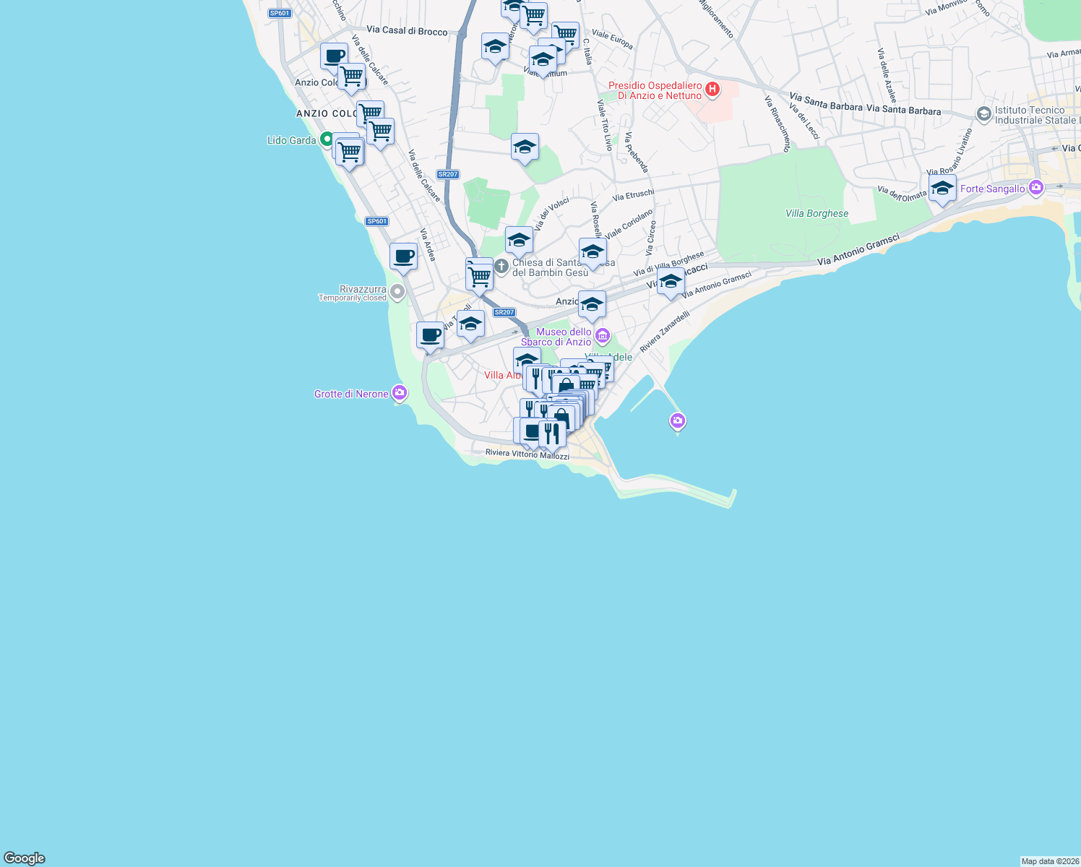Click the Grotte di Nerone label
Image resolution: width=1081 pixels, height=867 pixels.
(x=351, y=394)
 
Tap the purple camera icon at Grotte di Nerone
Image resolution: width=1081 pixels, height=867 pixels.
(x=400, y=393)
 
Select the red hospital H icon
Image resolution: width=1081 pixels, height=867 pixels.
(x=712, y=90)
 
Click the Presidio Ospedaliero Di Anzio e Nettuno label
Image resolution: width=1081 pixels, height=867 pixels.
(x=655, y=90)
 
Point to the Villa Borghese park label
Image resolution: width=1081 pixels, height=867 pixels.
(x=817, y=213)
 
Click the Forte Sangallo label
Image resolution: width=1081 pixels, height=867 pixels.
(x=992, y=189)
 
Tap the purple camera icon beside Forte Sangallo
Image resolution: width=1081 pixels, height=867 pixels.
(x=1036, y=188)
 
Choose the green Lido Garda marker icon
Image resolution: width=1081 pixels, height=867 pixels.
(x=327, y=139)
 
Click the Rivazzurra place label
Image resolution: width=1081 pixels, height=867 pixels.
(x=363, y=289)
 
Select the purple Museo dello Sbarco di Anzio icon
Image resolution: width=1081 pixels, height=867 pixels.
(x=603, y=336)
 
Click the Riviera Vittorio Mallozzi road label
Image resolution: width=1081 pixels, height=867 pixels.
(x=527, y=454)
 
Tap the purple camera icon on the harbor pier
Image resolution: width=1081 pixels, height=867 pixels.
(x=677, y=420)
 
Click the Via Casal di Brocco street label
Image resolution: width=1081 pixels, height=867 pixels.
(x=407, y=30)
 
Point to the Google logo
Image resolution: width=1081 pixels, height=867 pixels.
(x=25, y=858)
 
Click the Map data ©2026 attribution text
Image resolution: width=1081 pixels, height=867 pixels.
(x=1049, y=861)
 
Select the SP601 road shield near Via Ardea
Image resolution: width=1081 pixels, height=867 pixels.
(x=376, y=221)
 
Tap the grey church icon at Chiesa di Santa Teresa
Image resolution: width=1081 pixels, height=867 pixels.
(x=501, y=267)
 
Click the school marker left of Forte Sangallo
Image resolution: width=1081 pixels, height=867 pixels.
(x=942, y=189)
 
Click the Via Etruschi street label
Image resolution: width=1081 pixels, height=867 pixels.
(x=633, y=195)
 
